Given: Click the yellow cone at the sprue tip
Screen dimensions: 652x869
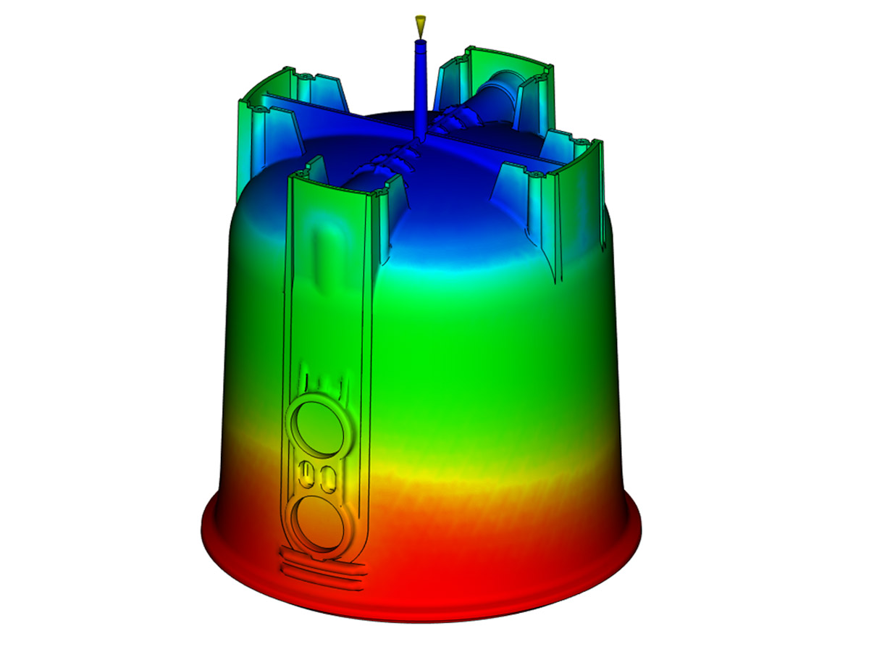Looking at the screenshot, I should click(x=419, y=25).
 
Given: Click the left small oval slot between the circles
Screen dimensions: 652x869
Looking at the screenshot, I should click(x=306, y=475).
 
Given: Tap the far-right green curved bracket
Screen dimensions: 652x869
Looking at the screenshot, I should click(x=579, y=188).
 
